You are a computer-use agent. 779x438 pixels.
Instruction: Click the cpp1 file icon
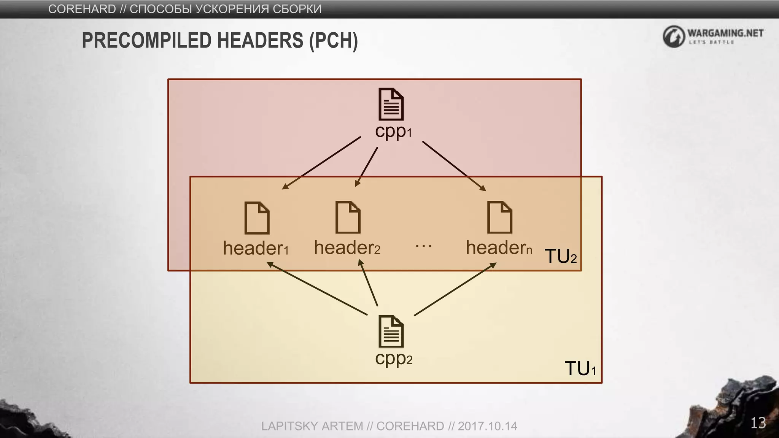391,104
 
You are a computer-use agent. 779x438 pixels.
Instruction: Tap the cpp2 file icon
391,332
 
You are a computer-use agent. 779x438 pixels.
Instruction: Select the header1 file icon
257,218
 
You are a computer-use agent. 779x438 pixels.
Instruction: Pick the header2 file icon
348,217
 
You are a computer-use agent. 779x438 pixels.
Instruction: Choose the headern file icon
500,217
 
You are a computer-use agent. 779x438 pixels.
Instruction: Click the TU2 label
561,256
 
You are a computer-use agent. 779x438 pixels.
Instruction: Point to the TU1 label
580,368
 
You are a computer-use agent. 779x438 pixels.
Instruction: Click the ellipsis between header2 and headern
423,246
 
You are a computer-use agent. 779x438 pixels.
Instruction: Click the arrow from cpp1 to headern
454,166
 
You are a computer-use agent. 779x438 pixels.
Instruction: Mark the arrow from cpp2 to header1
317,289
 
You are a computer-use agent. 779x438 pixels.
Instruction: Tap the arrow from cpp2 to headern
455,289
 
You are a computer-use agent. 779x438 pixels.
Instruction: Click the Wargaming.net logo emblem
674,36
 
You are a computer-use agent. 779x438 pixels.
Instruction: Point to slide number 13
758,423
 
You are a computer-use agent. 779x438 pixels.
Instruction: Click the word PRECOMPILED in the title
146,41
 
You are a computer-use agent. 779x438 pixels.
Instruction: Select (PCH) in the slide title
333,41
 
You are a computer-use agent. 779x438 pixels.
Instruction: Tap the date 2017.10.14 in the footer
487,426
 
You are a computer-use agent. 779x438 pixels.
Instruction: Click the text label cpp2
393,359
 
